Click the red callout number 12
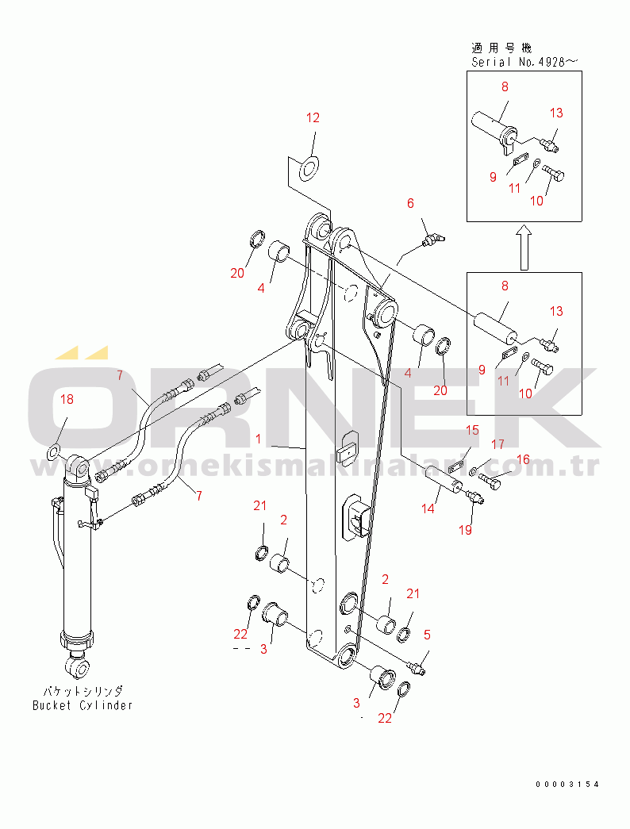pos(313,118)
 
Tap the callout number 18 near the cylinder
pos(67,399)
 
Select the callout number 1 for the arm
pos(258,439)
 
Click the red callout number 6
pos(410,204)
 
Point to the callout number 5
pos(427,635)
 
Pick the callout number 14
pos(428,509)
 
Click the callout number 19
pos(465,530)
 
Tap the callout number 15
pos(472,430)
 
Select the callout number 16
pos(523,459)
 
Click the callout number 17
pos(497,444)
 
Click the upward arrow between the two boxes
pos(524,247)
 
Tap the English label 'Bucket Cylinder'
pos(83,705)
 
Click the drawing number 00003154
pos(567,785)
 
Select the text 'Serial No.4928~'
pos(524,62)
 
